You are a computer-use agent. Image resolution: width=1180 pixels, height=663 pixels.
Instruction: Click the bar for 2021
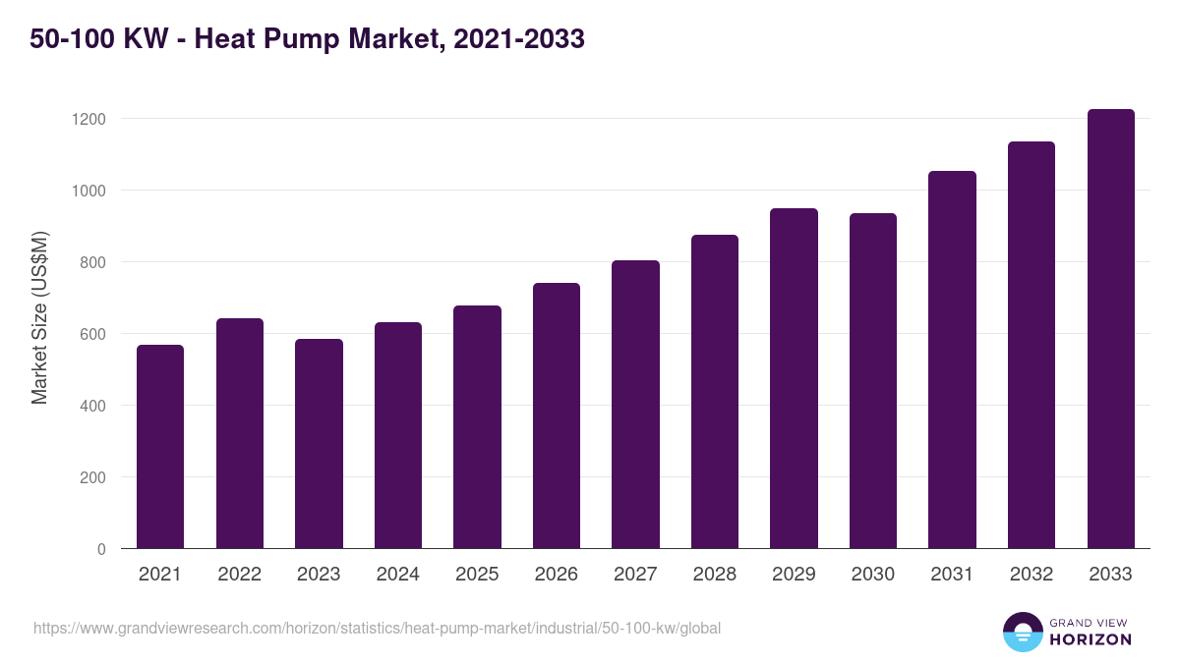point(160,447)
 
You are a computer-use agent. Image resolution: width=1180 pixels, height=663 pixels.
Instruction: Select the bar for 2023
point(319,444)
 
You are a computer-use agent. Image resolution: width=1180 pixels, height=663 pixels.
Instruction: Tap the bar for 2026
point(557,415)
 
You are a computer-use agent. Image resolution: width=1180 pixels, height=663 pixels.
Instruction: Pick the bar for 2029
point(794,378)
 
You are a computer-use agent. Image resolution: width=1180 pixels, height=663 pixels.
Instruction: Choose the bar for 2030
point(873,381)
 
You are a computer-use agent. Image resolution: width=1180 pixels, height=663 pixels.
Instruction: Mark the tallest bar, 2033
point(1110,329)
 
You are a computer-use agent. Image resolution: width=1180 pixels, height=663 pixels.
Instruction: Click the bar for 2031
point(952,359)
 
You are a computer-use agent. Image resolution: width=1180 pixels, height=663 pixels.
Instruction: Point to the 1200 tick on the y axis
point(88,119)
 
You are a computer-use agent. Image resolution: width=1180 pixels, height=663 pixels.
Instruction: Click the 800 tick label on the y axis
point(91,262)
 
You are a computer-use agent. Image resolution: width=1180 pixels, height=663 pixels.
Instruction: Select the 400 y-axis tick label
point(91,406)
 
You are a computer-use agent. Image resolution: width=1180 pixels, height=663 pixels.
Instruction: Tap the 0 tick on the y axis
point(100,549)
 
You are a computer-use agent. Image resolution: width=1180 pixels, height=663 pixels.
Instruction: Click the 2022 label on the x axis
point(240,575)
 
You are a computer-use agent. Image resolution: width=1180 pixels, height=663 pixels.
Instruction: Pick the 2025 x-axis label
point(477,575)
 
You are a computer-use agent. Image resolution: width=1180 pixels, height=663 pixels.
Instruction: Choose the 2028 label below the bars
point(714,575)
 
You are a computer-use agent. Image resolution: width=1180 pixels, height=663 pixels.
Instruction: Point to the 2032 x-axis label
point(1031,575)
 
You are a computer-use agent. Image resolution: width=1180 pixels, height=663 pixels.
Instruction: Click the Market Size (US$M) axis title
point(39,317)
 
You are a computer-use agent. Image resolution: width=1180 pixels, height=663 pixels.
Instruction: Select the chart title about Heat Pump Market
point(307,39)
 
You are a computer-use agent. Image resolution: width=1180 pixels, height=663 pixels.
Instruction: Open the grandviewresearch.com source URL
point(377,628)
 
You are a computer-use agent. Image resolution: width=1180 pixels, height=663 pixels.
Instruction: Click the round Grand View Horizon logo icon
point(1022,632)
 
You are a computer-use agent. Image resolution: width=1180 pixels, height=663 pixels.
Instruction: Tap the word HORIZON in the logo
point(1091,639)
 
